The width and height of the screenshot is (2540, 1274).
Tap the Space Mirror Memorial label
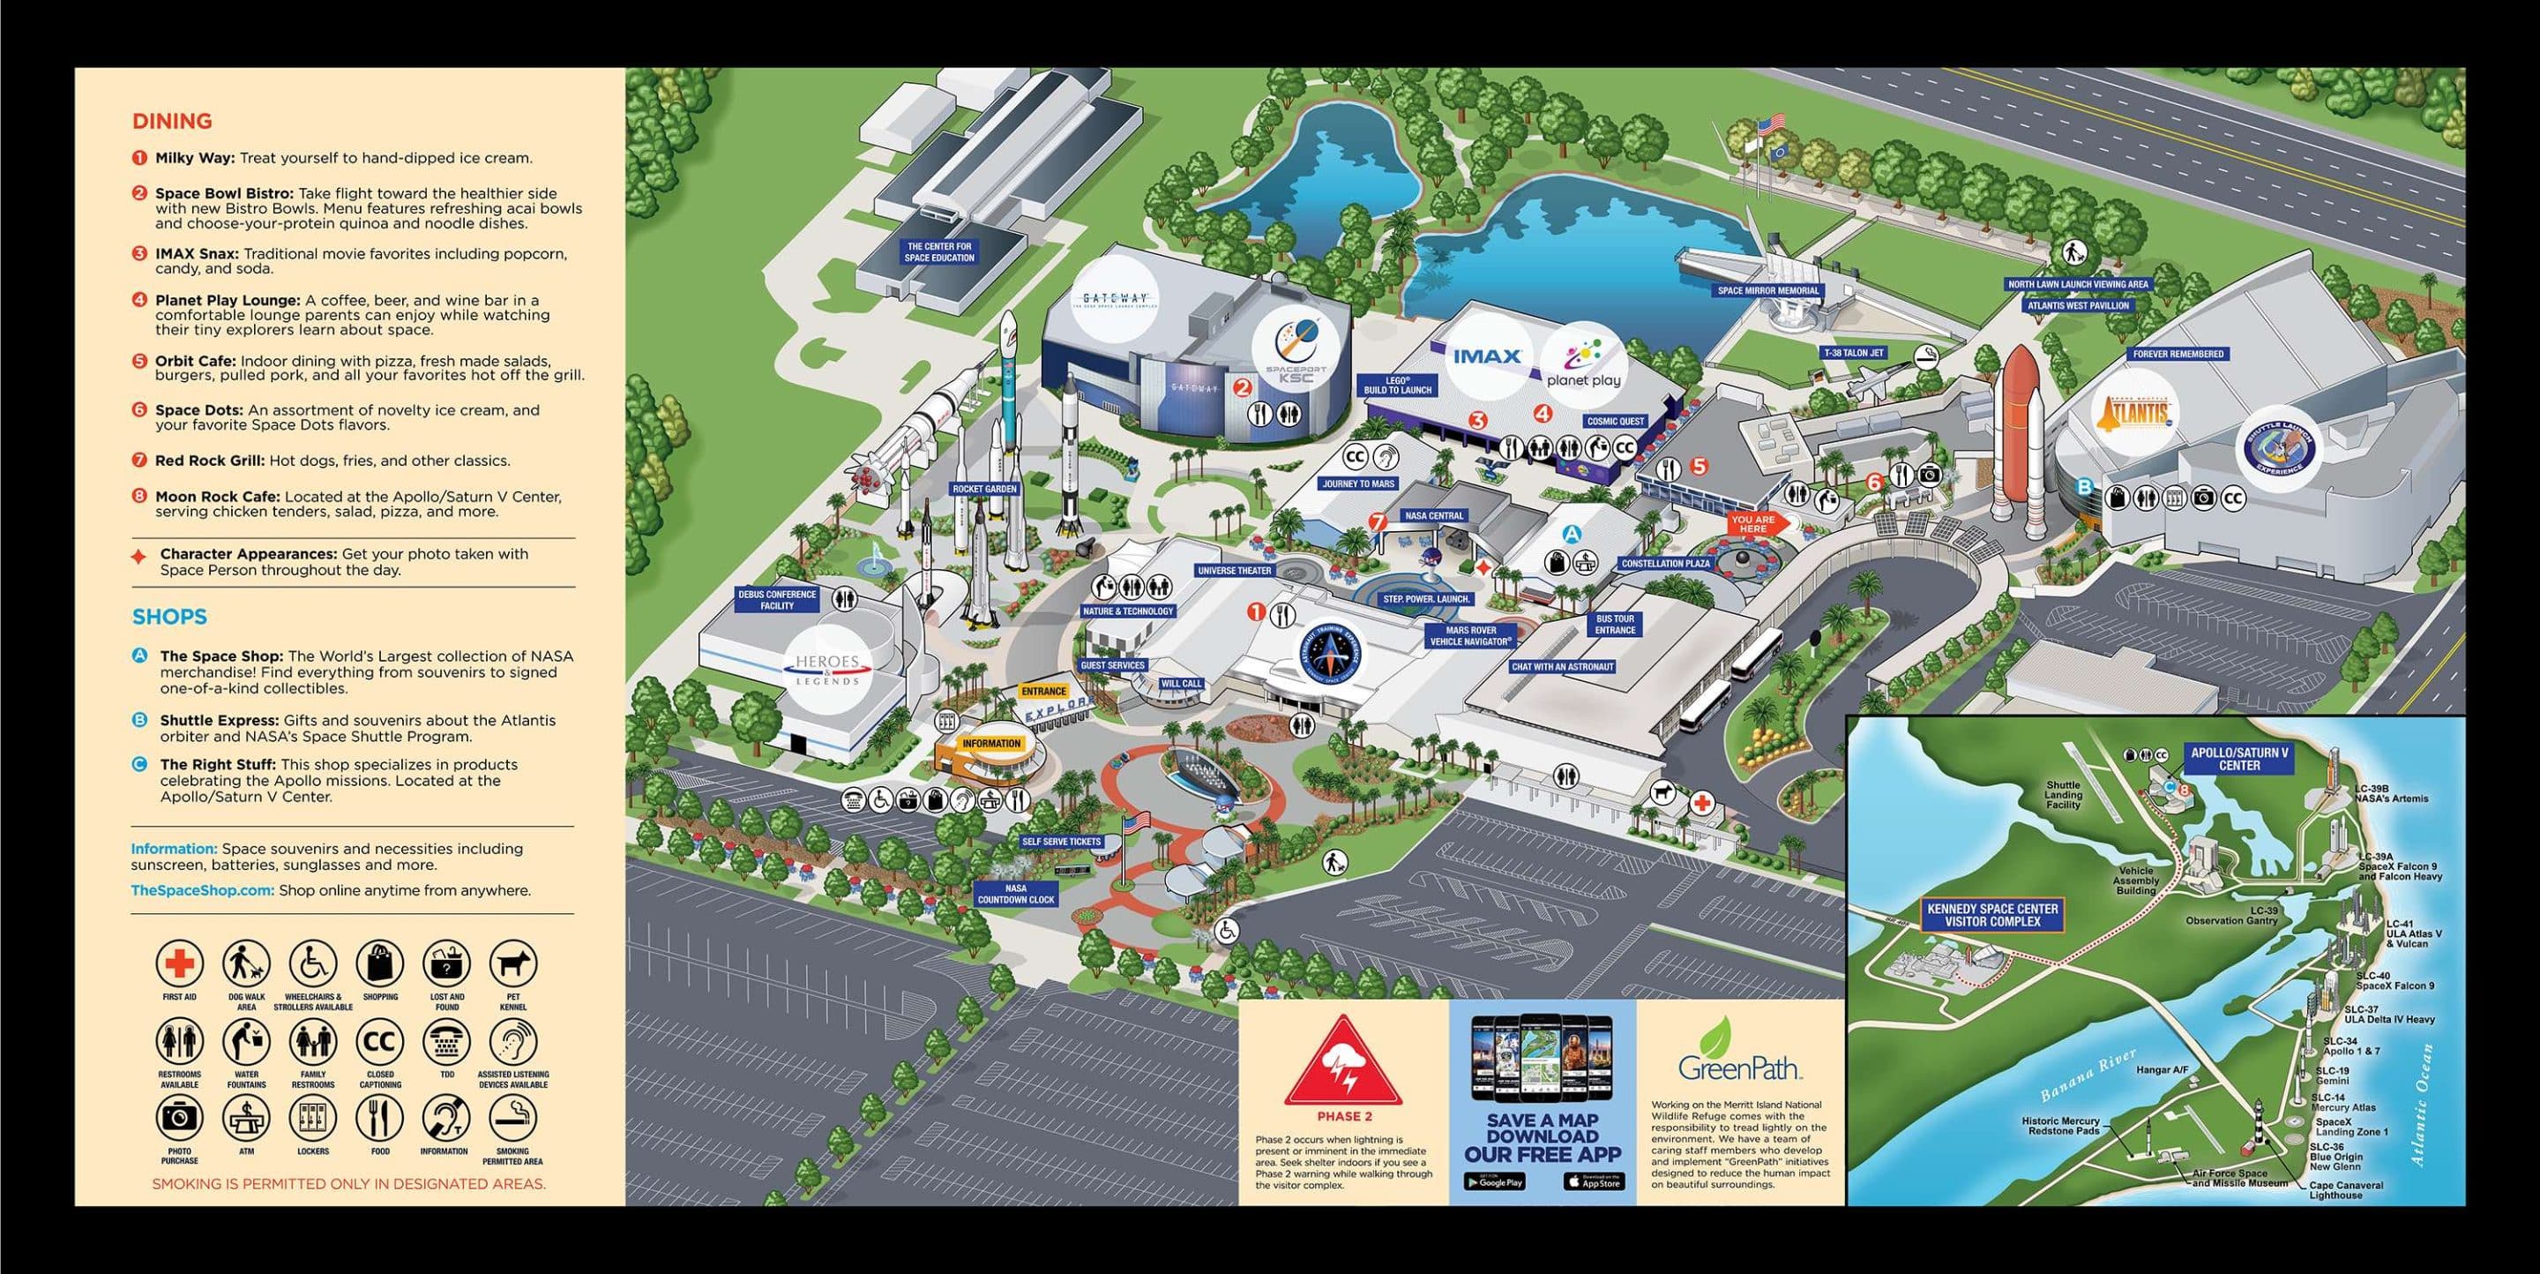pyautogui.click(x=1768, y=291)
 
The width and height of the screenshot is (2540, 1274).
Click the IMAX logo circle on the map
pyautogui.click(x=1486, y=357)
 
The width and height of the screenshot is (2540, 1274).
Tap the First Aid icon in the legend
pyautogui.click(x=179, y=963)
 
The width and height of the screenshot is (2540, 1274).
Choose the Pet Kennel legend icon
pyautogui.click(x=512, y=963)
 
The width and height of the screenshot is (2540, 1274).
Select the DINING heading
pyautogui.click(x=173, y=121)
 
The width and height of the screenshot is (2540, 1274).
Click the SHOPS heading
pyautogui.click(x=169, y=618)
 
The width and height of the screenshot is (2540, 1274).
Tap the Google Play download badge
pyautogui.click(x=1494, y=1181)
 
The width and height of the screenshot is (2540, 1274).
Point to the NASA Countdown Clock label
pyautogui.click(x=1016, y=895)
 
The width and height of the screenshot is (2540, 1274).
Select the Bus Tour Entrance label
pyautogui.click(x=1615, y=624)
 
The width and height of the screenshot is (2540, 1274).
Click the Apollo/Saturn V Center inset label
pyautogui.click(x=2239, y=758)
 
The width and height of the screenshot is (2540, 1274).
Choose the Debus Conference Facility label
pyautogui.click(x=777, y=600)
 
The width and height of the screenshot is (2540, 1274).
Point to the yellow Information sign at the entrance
pyautogui.click(x=991, y=744)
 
